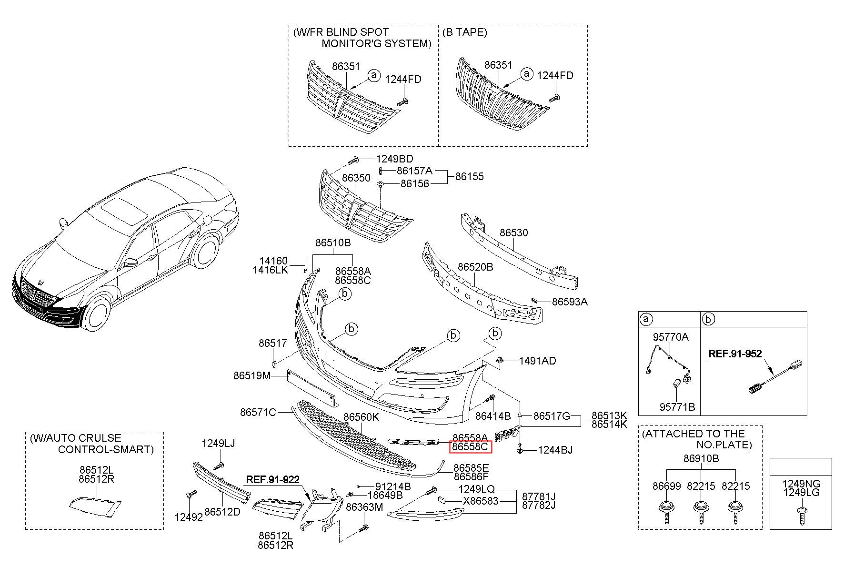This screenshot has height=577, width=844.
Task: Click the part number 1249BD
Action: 394,159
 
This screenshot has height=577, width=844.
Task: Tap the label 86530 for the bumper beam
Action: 513,233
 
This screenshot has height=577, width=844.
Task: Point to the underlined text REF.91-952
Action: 735,354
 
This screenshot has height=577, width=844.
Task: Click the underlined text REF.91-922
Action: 272,479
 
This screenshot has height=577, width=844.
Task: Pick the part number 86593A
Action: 570,302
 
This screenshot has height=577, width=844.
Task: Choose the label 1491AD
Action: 537,361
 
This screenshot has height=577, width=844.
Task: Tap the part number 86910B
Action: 701,459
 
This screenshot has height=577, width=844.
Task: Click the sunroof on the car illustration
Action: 124,210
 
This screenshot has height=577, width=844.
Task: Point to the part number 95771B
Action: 677,407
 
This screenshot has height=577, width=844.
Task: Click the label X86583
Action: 481,501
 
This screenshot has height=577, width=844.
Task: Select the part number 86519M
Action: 252,376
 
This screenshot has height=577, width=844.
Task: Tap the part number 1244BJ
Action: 555,450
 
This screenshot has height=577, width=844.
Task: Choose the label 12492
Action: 189,517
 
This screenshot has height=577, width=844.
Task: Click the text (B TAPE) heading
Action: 464,32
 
